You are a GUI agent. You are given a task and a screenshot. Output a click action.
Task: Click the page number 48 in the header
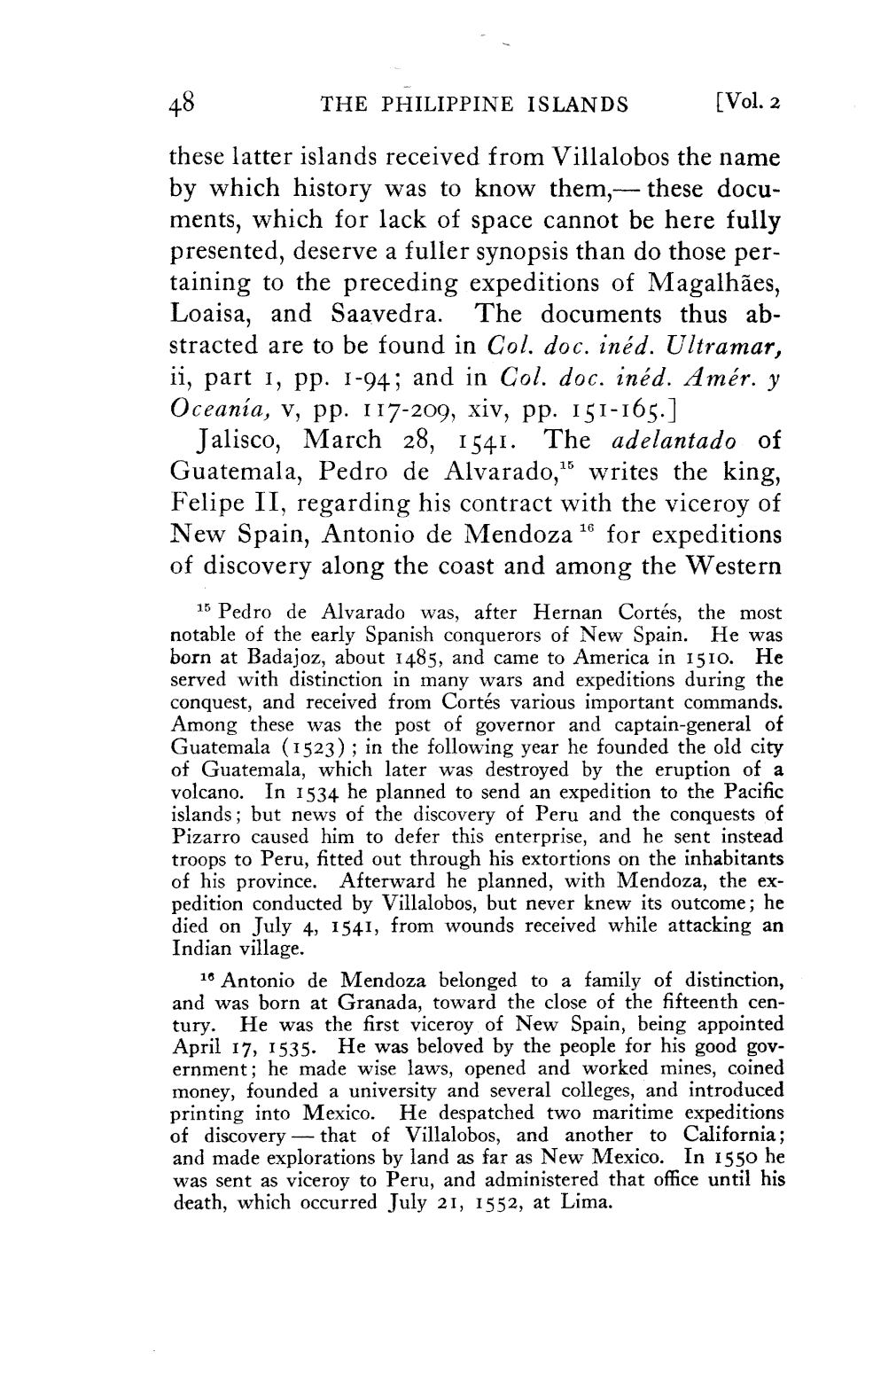point(181,105)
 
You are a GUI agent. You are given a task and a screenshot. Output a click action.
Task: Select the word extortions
point(562,858)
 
